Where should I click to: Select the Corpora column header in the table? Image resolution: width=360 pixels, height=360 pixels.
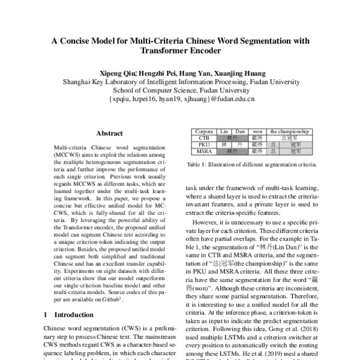202,131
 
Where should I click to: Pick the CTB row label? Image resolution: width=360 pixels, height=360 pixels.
202,137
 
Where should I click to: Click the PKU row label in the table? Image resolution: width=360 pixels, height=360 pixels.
202,145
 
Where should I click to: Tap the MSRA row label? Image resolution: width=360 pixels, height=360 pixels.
202,151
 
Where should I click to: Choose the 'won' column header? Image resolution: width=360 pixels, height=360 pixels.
257,131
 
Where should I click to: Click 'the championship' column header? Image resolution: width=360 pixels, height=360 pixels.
289,131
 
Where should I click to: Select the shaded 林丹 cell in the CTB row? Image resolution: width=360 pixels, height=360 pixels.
232,137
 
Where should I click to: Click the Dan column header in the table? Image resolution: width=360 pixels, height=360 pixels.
239,131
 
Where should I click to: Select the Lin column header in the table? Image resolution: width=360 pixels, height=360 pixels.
224,131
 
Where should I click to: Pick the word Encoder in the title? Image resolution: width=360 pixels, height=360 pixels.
200,52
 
